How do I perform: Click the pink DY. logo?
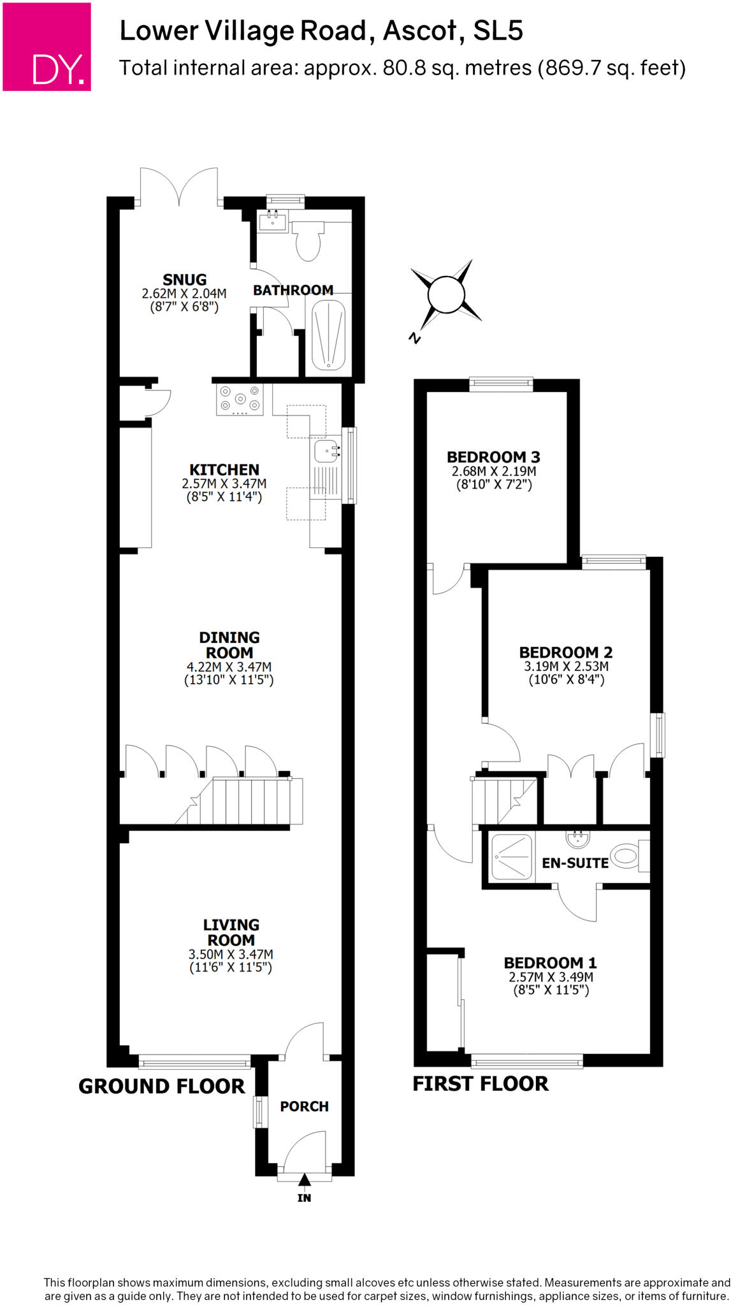pos(47,47)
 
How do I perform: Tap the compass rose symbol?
pos(446,294)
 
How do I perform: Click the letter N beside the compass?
pos(415,338)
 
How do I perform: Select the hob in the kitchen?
pos(240,400)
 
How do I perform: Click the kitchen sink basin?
pos(326,452)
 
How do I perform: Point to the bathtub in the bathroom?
pos(328,335)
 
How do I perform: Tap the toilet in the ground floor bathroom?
pos(309,240)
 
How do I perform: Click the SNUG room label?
pos(184,280)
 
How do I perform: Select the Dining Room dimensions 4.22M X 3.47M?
pos(229,667)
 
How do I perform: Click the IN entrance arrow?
pos(304,1181)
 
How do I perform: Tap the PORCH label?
pos(304,1107)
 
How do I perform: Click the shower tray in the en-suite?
pos(511,857)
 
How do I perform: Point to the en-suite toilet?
pos(628,855)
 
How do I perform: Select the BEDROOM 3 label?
pos(493,457)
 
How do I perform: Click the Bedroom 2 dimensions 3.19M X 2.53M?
pos(566,667)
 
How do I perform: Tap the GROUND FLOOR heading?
pos(161,1086)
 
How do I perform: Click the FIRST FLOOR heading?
pos(480,1084)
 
